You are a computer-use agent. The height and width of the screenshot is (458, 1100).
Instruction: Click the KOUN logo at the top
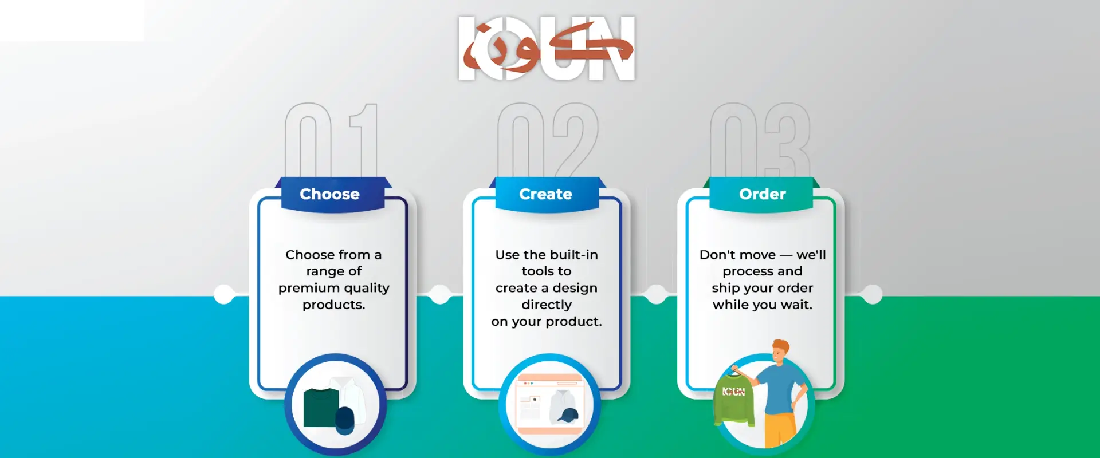click(x=547, y=48)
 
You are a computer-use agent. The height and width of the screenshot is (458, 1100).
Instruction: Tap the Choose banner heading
click(x=329, y=194)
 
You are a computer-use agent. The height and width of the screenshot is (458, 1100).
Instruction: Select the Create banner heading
click(x=545, y=194)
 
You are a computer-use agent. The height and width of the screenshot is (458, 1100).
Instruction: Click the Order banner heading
click(x=762, y=194)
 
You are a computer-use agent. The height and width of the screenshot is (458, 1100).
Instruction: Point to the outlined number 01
click(x=332, y=140)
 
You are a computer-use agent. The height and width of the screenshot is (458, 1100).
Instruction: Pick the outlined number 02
click(x=548, y=140)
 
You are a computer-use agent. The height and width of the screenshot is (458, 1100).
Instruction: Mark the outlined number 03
click(x=760, y=140)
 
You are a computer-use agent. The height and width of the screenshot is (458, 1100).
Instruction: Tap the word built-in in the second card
click(x=574, y=254)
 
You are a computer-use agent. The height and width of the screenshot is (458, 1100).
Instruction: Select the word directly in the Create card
click(x=547, y=305)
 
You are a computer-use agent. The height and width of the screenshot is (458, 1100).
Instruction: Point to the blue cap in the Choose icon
click(x=345, y=421)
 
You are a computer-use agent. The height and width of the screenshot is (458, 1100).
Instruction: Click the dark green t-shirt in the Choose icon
click(x=321, y=408)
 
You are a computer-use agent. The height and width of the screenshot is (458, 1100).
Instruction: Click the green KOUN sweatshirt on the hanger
click(x=734, y=398)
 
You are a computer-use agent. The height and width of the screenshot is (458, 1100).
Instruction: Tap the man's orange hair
click(x=781, y=346)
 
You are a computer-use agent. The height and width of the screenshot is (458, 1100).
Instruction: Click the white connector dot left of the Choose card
click(x=224, y=294)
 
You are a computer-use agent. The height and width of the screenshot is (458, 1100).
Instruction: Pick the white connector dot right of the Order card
click(x=872, y=294)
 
